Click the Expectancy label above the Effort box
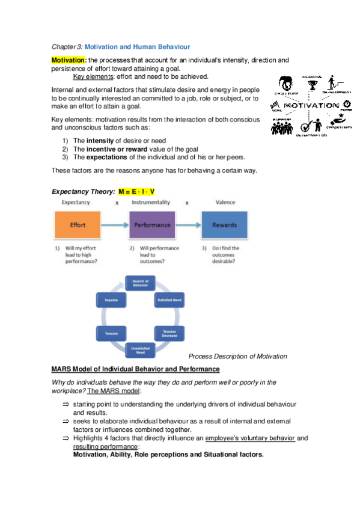coord(76,203)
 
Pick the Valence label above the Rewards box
coord(224,203)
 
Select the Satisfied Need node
coord(169,299)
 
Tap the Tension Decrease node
coord(169,332)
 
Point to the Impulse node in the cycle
coord(111,299)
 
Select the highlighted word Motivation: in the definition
coord(69,60)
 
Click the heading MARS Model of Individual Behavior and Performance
coord(135,369)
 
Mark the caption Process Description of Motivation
coord(237,357)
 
